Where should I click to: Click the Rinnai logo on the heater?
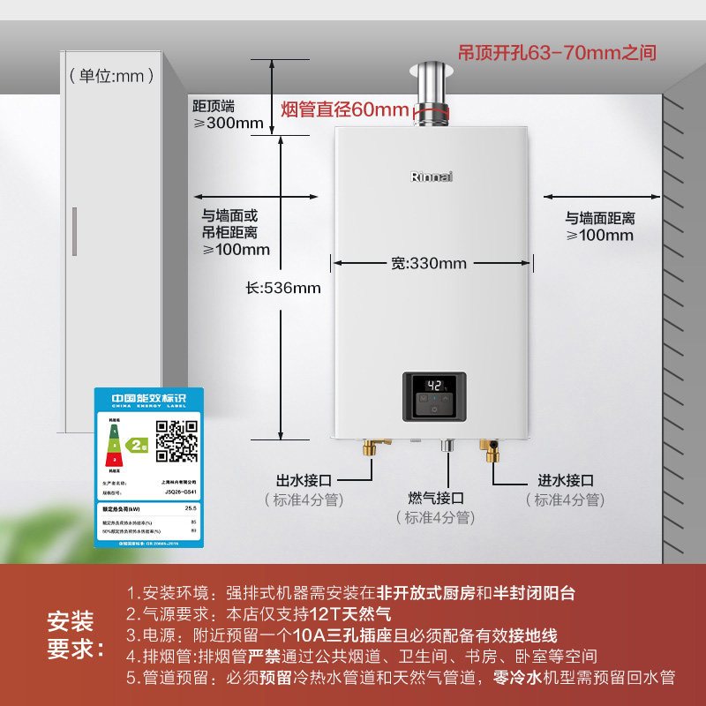[432, 176]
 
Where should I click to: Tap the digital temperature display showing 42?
[434, 386]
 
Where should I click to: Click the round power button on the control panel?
[433, 408]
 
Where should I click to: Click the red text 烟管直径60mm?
[345, 110]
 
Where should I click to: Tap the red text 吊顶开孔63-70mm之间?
[557, 53]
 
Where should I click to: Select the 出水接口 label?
[304, 480]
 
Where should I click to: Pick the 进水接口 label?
[566, 480]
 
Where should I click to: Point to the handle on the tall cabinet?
[74, 231]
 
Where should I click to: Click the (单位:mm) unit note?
[106, 76]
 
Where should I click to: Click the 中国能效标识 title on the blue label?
[148, 399]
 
